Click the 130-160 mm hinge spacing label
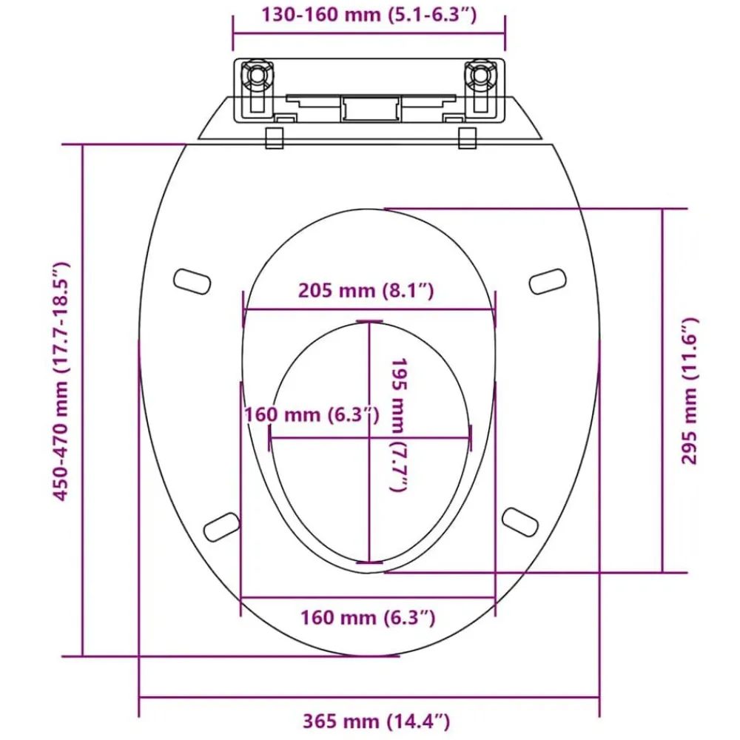click(369, 15)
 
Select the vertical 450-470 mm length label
click(61, 381)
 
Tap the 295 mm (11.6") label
click(690, 391)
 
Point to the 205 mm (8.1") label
click(366, 290)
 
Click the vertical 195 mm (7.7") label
click(399, 425)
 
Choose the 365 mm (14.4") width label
click(376, 721)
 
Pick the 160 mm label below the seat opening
click(368, 617)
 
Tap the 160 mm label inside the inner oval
click(312, 414)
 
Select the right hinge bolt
click(480, 75)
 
